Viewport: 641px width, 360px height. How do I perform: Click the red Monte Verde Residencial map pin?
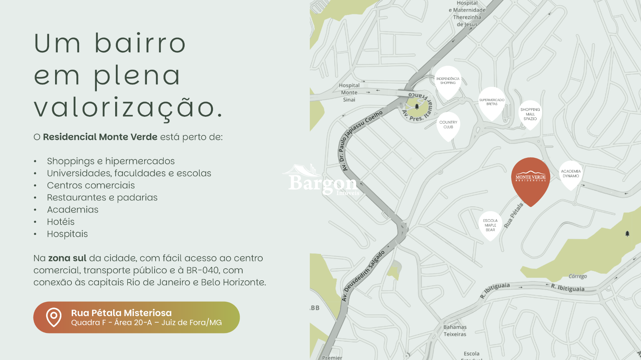[530, 178]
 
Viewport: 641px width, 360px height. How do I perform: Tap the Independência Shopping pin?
[448, 81]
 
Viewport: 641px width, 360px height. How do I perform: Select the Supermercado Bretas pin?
[492, 102]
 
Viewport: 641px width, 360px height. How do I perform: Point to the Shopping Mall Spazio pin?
[530, 114]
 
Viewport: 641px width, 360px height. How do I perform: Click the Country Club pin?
[448, 125]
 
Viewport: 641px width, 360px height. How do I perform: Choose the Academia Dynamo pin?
[571, 174]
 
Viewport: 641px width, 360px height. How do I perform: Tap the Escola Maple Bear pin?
[490, 225]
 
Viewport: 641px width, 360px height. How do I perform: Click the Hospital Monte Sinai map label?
[349, 92]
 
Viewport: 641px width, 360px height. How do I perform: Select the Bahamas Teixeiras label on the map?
[455, 331]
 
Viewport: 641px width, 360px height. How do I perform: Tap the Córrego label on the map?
[578, 276]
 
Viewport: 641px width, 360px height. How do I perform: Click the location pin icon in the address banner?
[54, 317]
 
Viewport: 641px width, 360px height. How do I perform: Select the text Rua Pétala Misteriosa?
[121, 313]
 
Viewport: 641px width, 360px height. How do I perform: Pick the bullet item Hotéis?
[61, 222]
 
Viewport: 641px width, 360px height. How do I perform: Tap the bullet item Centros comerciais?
[91, 186]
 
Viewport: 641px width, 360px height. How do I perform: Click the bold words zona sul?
[67, 258]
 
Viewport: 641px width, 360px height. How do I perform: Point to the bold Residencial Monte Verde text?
[100, 137]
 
